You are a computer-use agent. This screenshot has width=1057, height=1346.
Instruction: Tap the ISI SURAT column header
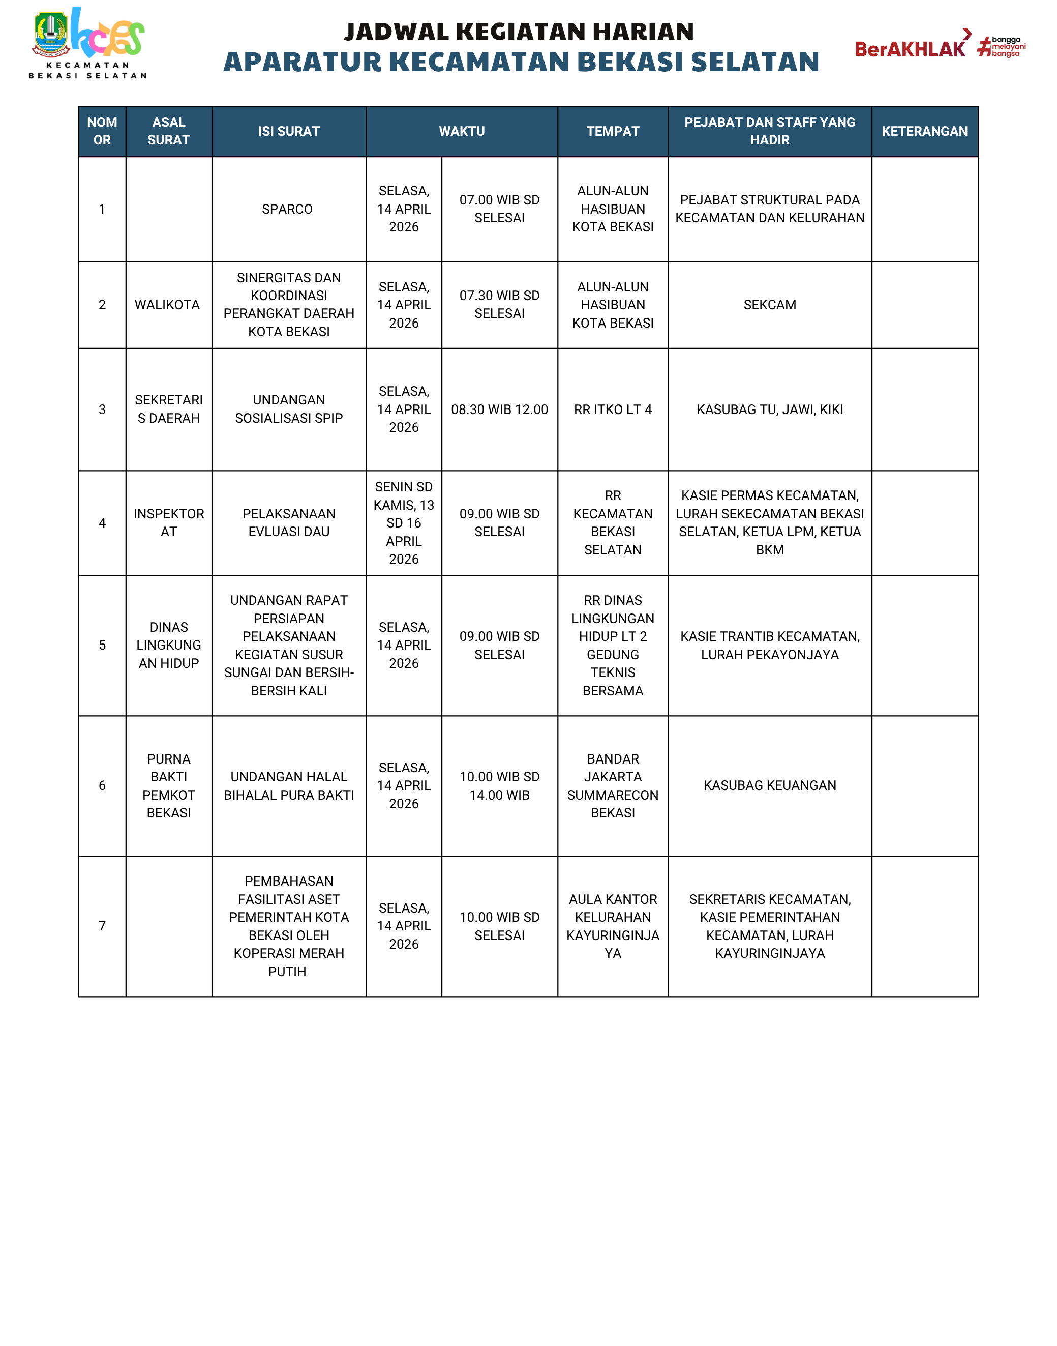[288, 131]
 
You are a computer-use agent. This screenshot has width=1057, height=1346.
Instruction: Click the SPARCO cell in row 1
[287, 209]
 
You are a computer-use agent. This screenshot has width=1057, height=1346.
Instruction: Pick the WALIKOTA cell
[167, 305]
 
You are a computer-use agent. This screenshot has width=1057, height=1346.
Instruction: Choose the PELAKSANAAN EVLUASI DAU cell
[288, 522]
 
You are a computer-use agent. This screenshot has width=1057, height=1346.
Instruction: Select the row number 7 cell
[102, 926]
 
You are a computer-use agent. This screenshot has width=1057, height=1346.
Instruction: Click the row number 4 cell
[102, 522]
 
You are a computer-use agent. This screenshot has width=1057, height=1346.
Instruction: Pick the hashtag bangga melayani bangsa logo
[1002, 46]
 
